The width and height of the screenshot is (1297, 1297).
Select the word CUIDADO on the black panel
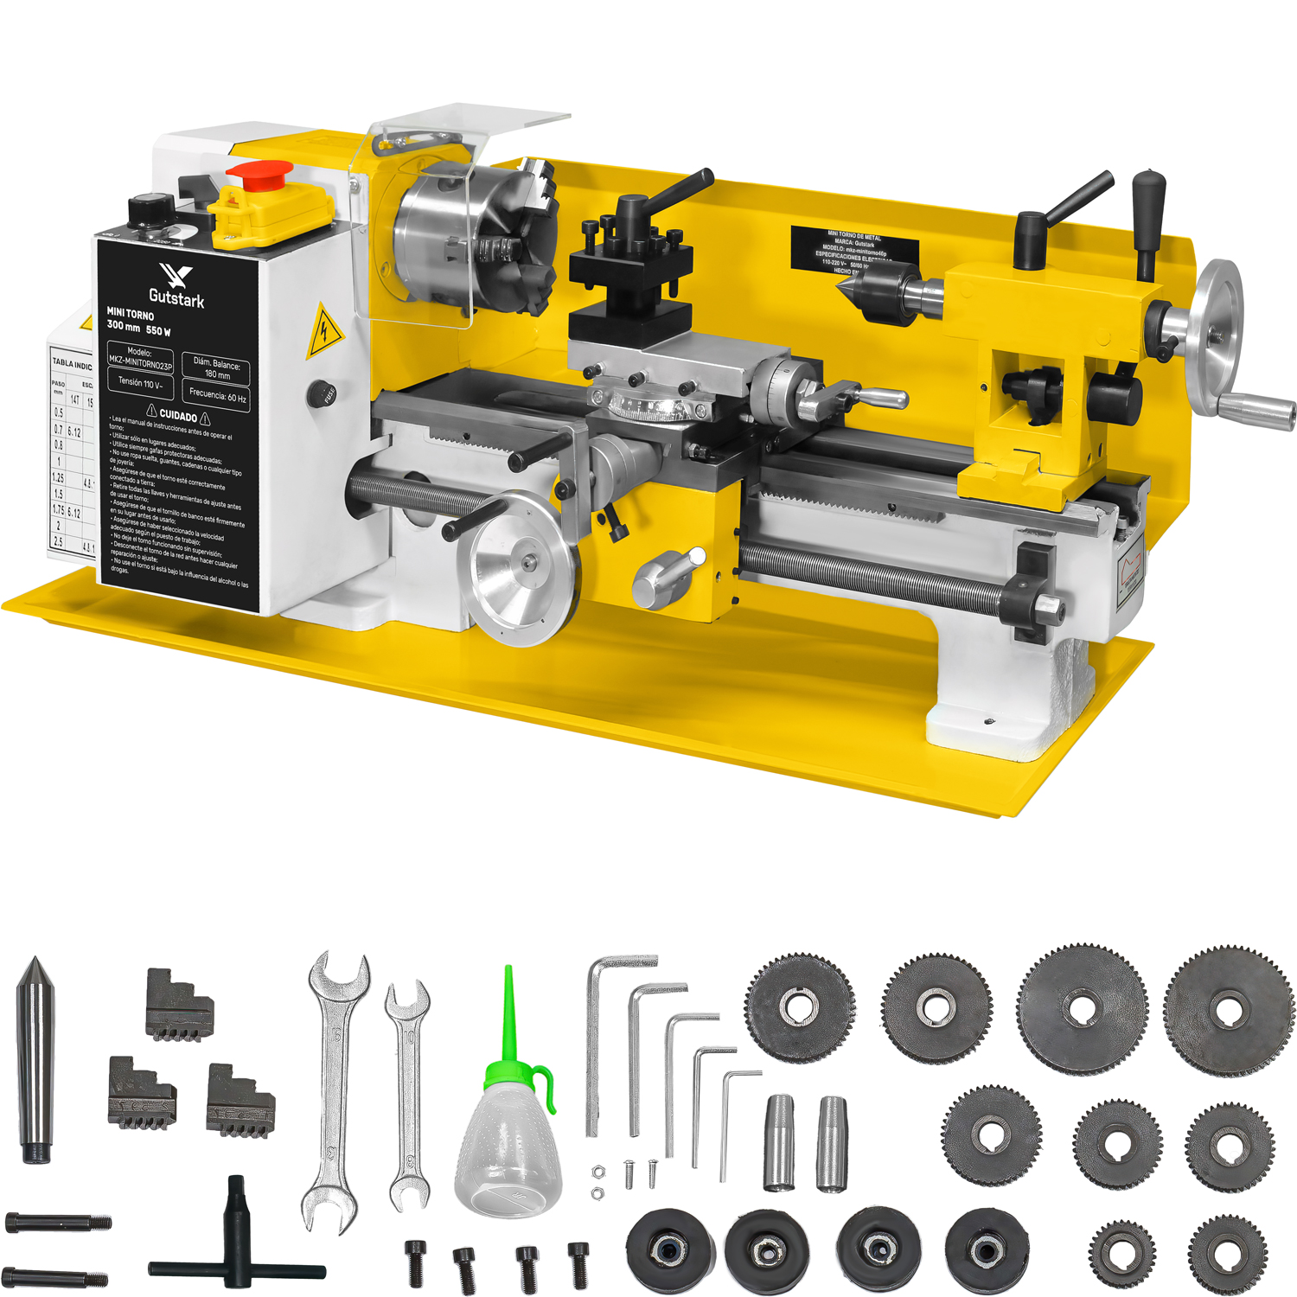(x=178, y=415)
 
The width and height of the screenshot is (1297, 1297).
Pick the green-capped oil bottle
(x=508, y=1124)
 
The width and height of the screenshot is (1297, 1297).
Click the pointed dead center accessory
(x=35, y=1059)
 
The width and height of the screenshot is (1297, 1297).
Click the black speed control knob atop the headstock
(x=151, y=210)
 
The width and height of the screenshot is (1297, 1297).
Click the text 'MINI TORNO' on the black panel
(x=131, y=313)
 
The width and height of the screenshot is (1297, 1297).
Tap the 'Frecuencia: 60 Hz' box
(x=217, y=395)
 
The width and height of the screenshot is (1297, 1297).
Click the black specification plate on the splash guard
(x=853, y=250)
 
